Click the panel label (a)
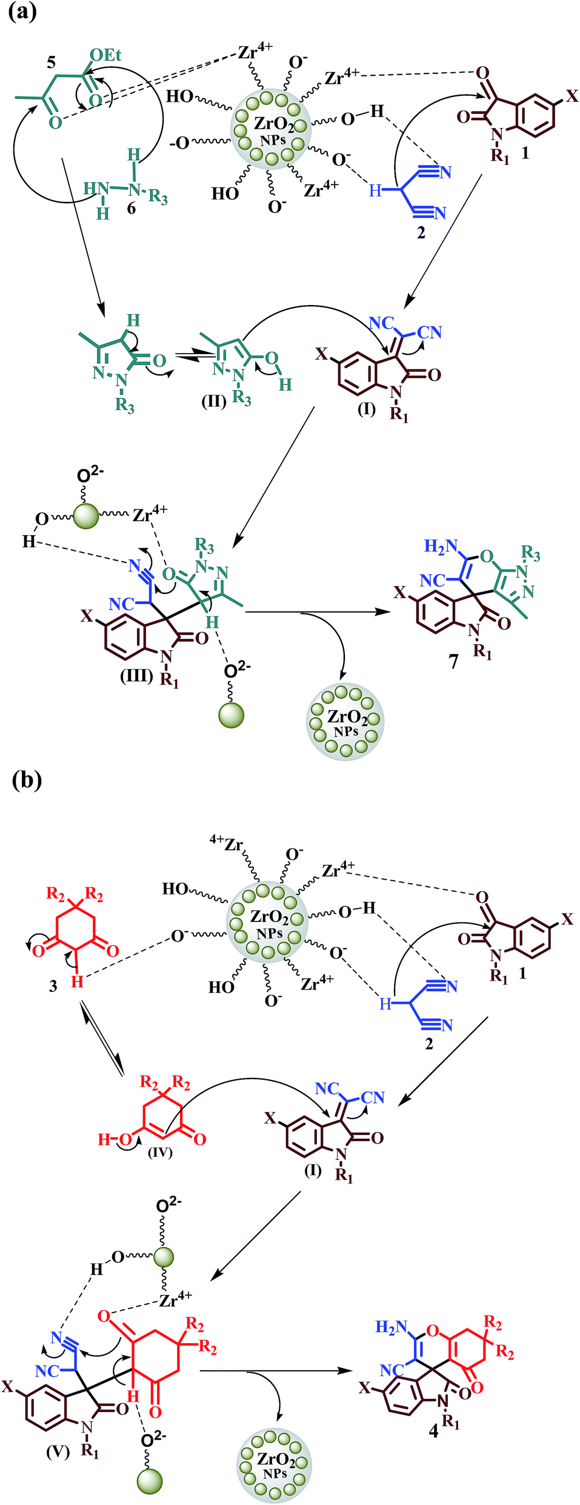click(22, 12)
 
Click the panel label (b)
click(27, 779)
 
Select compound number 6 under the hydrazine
click(131, 209)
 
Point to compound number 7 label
click(454, 661)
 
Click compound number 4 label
click(433, 1432)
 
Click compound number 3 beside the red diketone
click(53, 986)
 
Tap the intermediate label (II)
click(213, 401)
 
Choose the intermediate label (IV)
click(160, 1151)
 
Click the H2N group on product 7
click(441, 547)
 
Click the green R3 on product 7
click(530, 553)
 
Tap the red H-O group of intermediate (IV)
click(115, 1139)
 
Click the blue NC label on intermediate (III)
click(121, 604)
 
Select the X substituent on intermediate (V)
click(7, 1386)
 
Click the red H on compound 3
click(77, 982)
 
